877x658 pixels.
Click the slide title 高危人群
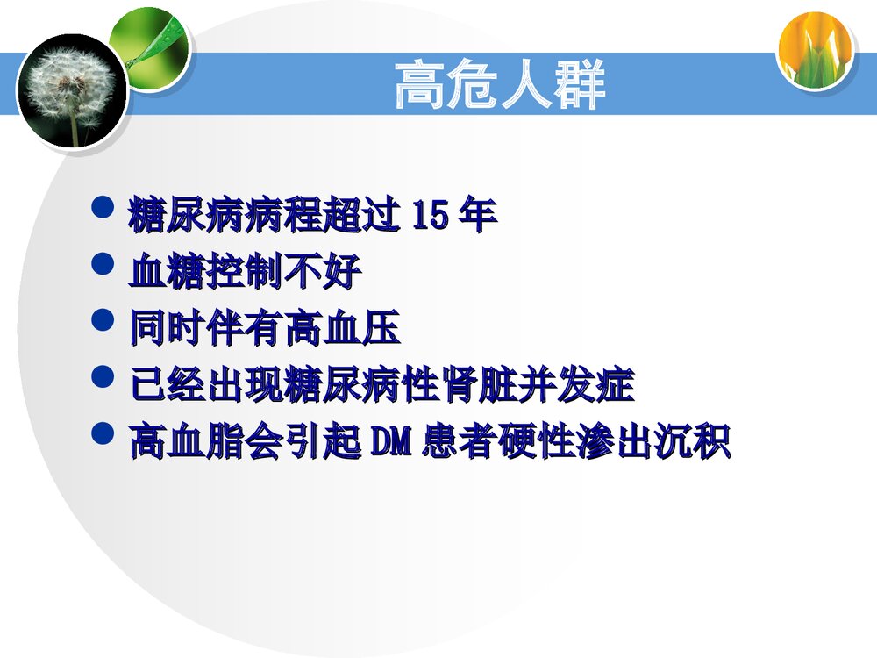[x=500, y=85]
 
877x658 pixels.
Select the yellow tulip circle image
[x=815, y=51]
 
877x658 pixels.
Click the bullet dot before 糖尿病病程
[x=103, y=209]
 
